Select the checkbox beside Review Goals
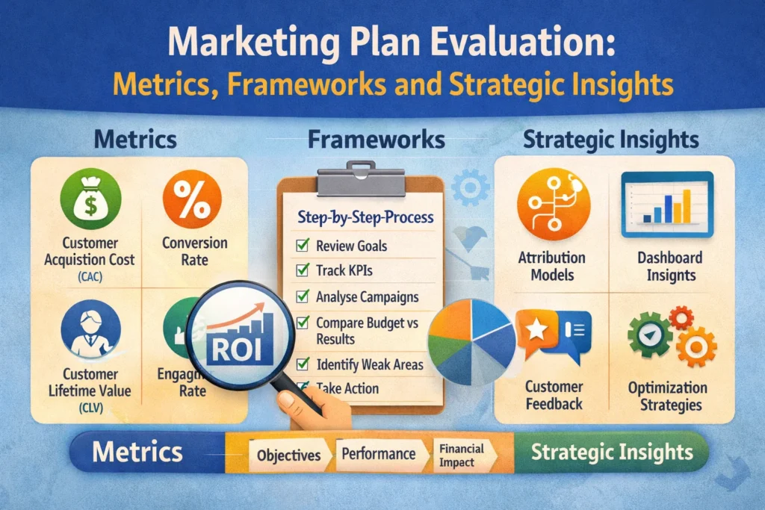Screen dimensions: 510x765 point(303,246)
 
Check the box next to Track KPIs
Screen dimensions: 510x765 point(303,270)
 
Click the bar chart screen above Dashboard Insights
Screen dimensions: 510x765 point(668,199)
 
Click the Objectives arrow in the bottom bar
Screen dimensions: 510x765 point(288,455)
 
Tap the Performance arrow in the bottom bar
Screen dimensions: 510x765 point(378,454)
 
